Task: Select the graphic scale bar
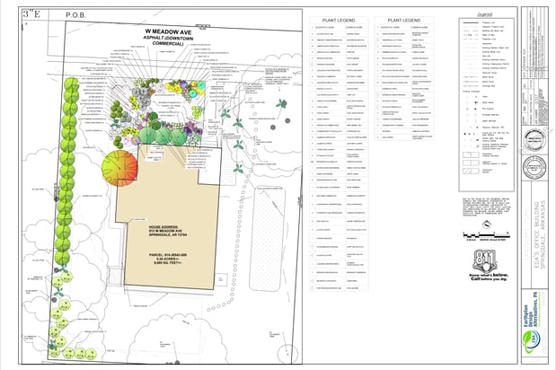485,234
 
